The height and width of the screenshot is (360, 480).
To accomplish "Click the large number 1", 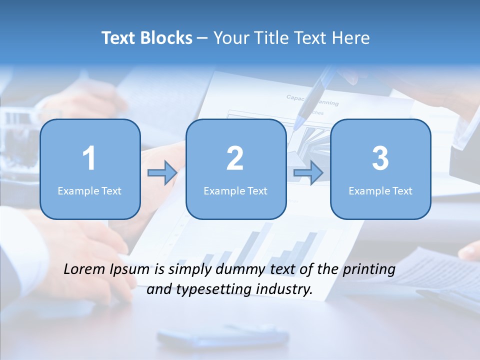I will click(89, 158).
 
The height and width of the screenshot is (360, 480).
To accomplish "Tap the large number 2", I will click(235, 158).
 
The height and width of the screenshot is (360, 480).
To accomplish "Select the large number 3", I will click(380, 158).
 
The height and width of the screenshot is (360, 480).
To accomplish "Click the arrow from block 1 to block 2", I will click(162, 173).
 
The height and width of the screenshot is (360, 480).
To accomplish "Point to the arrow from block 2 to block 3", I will click(308, 173).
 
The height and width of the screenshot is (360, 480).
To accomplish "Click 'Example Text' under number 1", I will click(89, 190).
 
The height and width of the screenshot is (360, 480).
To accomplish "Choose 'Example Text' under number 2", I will click(235, 190).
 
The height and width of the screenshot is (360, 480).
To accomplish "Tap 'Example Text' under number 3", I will click(380, 190).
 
